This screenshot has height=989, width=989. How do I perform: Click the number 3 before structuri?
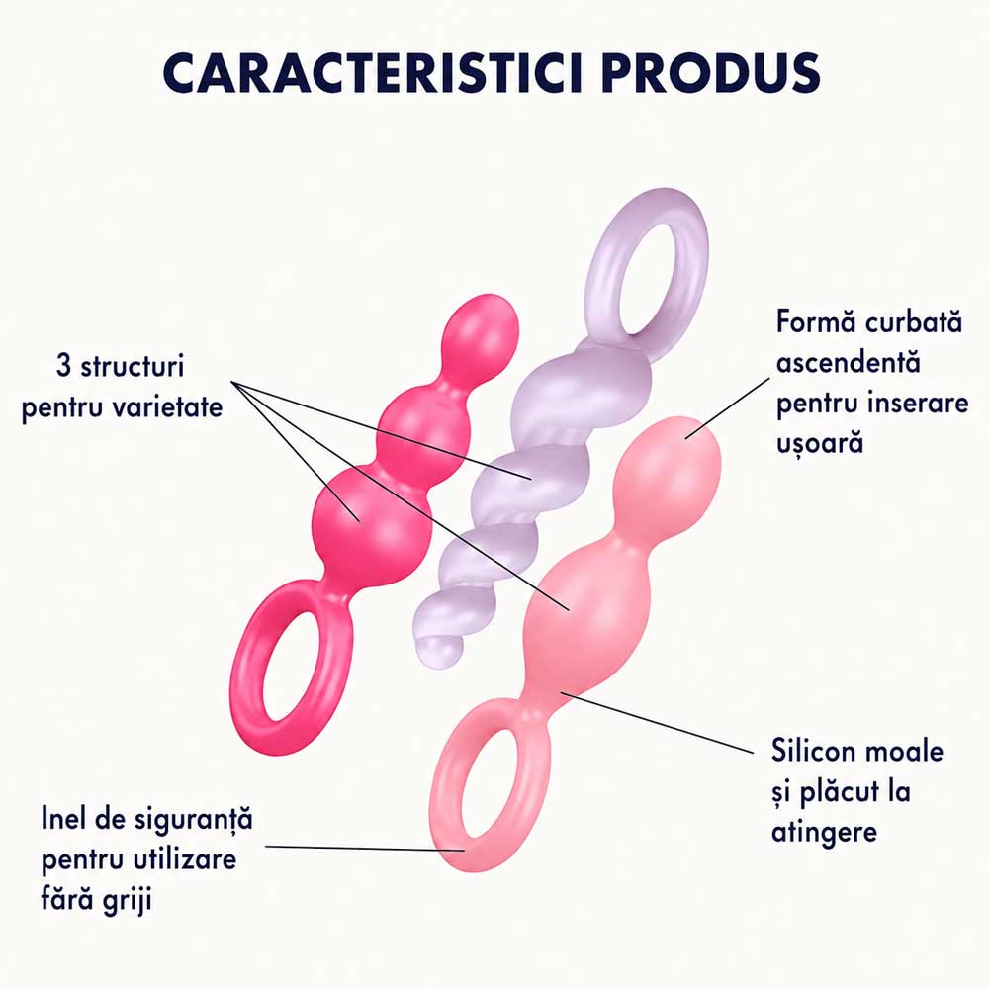(x=63, y=366)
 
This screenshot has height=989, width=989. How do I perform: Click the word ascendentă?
(x=849, y=363)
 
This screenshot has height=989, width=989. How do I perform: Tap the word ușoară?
(x=819, y=443)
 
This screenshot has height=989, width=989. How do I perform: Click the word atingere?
(x=824, y=832)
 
